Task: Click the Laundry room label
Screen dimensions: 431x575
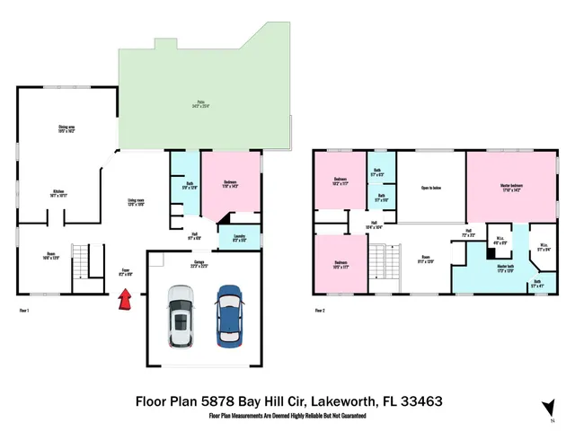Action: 239,240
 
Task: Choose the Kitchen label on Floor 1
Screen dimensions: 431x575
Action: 58,193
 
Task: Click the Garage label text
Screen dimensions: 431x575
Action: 198,264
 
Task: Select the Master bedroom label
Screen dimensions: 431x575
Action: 512,188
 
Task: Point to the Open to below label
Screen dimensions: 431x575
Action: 431,188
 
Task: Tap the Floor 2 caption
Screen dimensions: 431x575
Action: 320,311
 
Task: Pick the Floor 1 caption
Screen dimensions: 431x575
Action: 24,311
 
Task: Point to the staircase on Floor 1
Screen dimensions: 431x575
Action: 80,265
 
